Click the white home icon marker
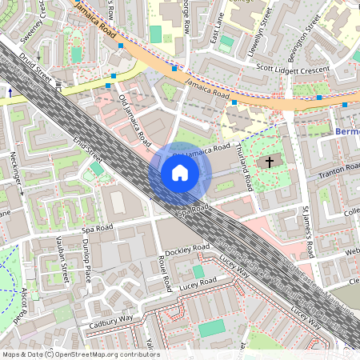[180, 173]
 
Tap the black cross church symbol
[270, 162]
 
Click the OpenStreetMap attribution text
[80, 354]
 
